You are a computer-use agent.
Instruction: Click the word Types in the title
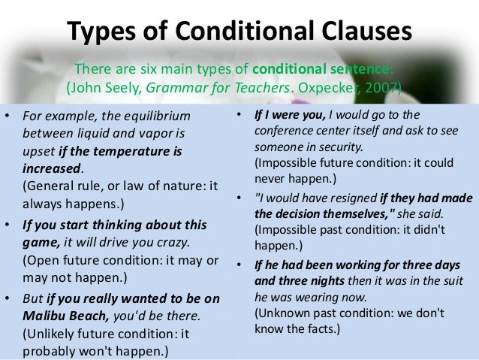tap(104, 31)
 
